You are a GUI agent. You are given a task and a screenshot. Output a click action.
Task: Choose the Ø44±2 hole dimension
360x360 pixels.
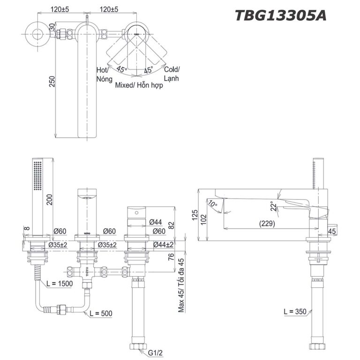point(163,245)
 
